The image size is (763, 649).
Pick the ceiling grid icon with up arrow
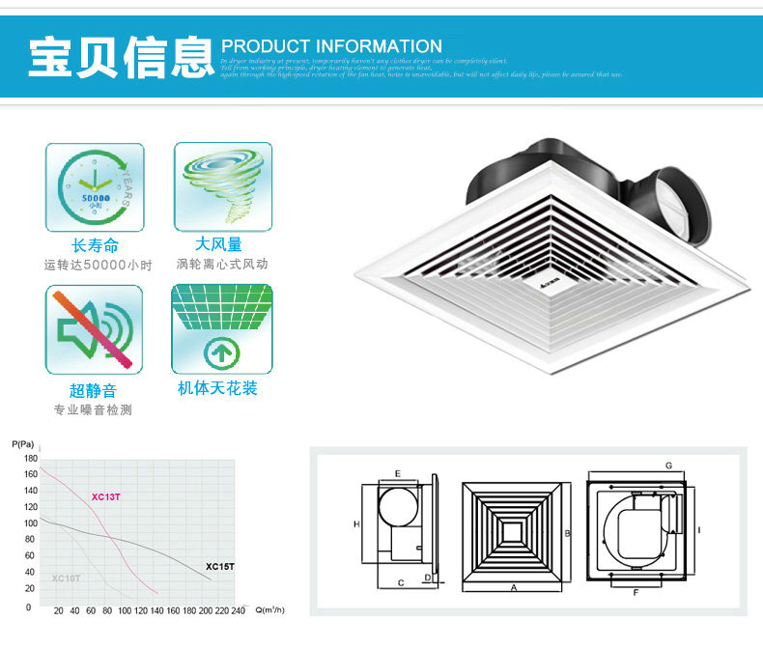222,329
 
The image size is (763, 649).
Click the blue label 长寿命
95,246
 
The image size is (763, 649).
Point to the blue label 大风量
219,245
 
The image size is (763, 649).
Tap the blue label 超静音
93,390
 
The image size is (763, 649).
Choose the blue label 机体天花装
218,388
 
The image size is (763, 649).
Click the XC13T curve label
106,497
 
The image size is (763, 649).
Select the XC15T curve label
220,567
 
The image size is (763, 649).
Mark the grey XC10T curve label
67,578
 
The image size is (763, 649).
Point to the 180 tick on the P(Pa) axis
31,458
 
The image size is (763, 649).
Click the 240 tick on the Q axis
237,611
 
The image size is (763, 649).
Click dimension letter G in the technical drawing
668,466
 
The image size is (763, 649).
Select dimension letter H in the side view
356,524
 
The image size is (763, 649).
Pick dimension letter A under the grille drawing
513,587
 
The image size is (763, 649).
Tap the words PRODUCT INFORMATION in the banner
331,46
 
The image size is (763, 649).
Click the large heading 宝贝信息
120,57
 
